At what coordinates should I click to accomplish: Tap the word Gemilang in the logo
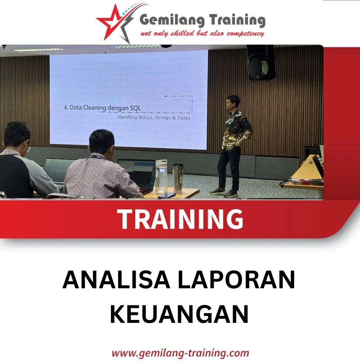tap(171, 20)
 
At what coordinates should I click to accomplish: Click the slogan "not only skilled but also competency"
tap(202, 34)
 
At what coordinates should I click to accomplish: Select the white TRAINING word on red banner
tap(180, 219)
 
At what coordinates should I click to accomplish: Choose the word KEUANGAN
tap(179, 314)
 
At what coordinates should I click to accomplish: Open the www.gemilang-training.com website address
tap(180, 353)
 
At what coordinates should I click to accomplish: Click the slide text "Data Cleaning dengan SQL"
tap(102, 108)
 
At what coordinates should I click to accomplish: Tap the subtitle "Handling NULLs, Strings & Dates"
tap(154, 118)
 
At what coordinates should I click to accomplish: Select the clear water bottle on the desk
tap(161, 176)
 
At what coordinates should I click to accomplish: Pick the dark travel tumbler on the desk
tap(178, 177)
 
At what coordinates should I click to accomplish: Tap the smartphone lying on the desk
tap(166, 195)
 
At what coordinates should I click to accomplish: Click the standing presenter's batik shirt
tap(236, 129)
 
